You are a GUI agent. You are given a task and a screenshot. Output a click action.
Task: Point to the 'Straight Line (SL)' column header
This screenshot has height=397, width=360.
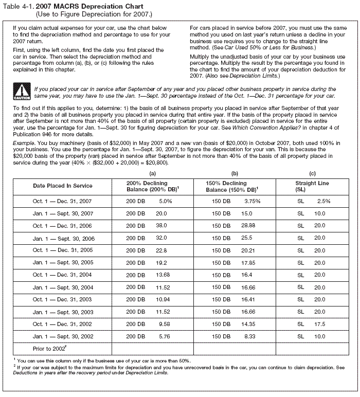pos(312,186)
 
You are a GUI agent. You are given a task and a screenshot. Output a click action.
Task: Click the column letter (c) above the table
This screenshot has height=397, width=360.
pos(312,173)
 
